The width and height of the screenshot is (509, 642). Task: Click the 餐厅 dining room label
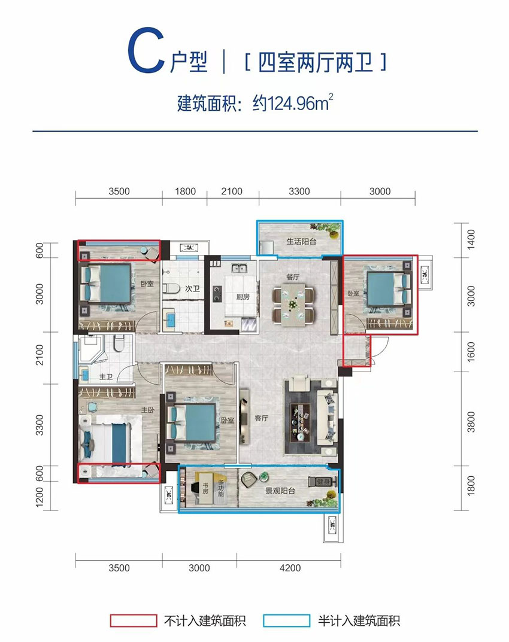pyautogui.click(x=292, y=276)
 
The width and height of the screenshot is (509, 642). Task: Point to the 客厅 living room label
pyautogui.click(x=261, y=418)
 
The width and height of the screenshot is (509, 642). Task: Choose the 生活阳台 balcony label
pyautogui.click(x=299, y=242)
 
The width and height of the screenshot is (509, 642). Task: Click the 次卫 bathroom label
pyautogui.click(x=192, y=289)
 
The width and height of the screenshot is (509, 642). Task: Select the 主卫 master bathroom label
pyautogui.click(x=106, y=376)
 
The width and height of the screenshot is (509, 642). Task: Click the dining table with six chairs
pyautogui.click(x=293, y=305)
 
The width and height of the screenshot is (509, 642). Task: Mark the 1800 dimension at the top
pyautogui.click(x=185, y=191)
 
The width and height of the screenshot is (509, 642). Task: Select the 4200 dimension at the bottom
pyautogui.click(x=289, y=568)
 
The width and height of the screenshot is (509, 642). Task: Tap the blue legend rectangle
pyautogui.click(x=286, y=620)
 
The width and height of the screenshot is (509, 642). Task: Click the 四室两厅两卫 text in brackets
pyautogui.click(x=314, y=62)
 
